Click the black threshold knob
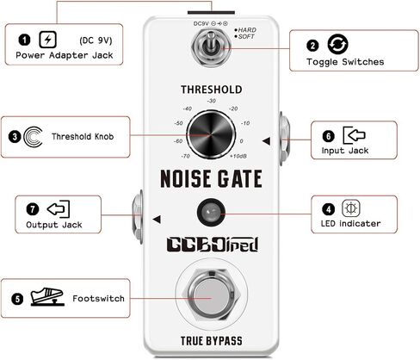coord(211,134)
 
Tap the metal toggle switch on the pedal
coord(211,47)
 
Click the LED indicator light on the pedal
coord(211,213)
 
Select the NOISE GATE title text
coord(211,178)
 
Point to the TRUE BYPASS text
coord(212,341)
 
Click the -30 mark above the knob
coord(212,101)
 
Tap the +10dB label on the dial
coord(238,156)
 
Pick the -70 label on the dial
coord(185,156)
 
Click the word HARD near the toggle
coord(247,30)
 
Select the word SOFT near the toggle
coord(246,36)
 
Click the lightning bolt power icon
coord(47,40)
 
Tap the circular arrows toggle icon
coord(337,44)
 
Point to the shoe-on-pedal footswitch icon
coord(47,296)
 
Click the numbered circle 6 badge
coord(329,136)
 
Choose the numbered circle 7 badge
coord(33,209)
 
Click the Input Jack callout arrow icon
coord(354,135)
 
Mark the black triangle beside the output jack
coord(157,220)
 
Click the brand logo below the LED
coord(213,245)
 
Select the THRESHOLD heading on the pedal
coord(212,90)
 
